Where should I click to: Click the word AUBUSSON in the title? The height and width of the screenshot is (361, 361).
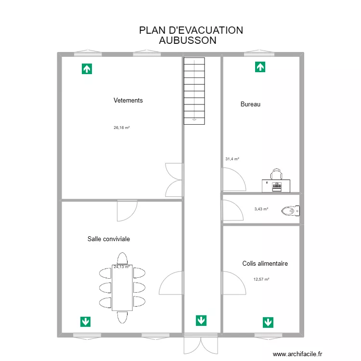(187, 40)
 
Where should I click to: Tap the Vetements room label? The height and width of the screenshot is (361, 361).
(128, 101)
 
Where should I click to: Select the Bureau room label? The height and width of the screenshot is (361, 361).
(250, 104)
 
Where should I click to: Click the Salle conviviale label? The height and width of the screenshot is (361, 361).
(109, 239)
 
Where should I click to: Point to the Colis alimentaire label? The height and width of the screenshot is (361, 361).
(265, 263)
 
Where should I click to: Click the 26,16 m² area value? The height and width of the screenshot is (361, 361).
(122, 128)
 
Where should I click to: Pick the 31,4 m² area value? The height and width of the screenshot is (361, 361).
(232, 159)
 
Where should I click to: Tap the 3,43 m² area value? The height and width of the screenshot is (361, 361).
(261, 209)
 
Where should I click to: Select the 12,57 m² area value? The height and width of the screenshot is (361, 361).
(261, 279)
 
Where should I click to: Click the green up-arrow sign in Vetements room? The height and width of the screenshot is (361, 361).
(87, 69)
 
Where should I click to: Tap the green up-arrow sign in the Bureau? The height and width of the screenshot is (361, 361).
(260, 67)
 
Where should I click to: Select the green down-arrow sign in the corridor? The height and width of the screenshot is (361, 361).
(201, 320)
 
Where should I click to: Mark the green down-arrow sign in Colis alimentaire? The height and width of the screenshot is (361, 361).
(268, 322)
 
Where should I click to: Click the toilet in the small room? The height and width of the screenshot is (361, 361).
(291, 210)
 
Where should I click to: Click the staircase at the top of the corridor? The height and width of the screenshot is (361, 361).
(194, 90)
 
